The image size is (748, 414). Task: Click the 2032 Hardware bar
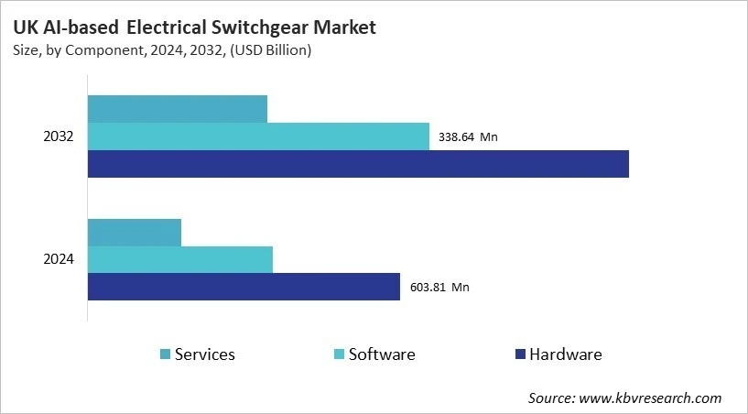tap(358, 164)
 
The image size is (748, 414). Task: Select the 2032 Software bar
tap(258, 136)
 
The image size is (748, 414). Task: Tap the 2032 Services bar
tap(177, 109)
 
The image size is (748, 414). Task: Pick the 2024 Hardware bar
tap(244, 287)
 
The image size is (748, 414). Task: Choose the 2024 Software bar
tap(179, 259)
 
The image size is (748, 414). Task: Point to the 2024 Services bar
tap(134, 233)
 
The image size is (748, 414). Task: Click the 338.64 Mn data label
tap(468, 137)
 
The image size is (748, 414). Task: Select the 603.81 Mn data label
tap(439, 287)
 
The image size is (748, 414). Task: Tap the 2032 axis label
tap(59, 136)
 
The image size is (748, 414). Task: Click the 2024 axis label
tap(59, 259)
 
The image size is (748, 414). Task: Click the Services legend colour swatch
tap(165, 354)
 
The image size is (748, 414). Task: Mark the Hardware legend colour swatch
tap(520, 354)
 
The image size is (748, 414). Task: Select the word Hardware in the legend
tap(566, 354)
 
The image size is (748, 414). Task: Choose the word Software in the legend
tap(382, 354)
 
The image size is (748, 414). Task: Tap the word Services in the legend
tap(205, 354)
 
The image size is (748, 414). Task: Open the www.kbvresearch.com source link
tap(650, 398)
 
